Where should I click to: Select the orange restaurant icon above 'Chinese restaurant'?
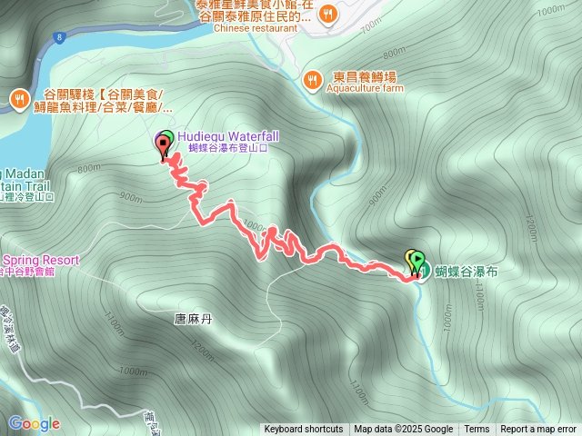(x=328, y=13)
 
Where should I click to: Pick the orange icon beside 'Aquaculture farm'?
(x=312, y=79)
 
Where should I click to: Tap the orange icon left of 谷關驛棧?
(x=19, y=98)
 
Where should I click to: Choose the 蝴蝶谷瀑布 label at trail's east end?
(x=467, y=272)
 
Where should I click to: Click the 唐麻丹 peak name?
(x=192, y=319)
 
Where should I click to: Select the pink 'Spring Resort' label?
(x=40, y=260)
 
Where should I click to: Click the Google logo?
(x=34, y=423)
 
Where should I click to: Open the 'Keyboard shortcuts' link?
(x=304, y=430)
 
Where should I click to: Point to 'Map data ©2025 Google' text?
(x=404, y=430)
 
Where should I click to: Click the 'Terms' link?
(x=477, y=430)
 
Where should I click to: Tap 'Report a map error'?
(x=538, y=430)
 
